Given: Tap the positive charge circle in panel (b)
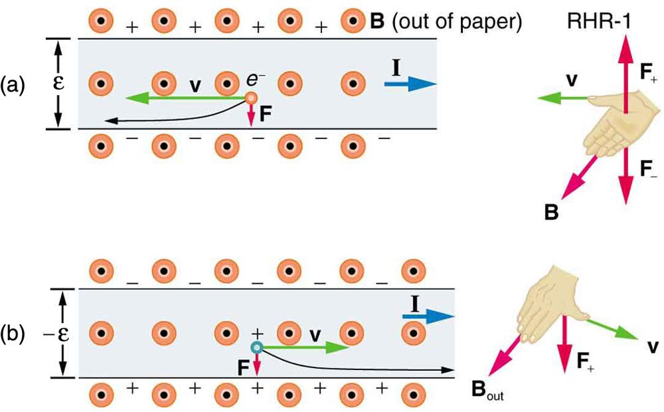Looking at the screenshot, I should pos(256,347).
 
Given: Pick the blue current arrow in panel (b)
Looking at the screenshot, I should pos(428,317).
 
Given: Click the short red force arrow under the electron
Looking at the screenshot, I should pos(251,116).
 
